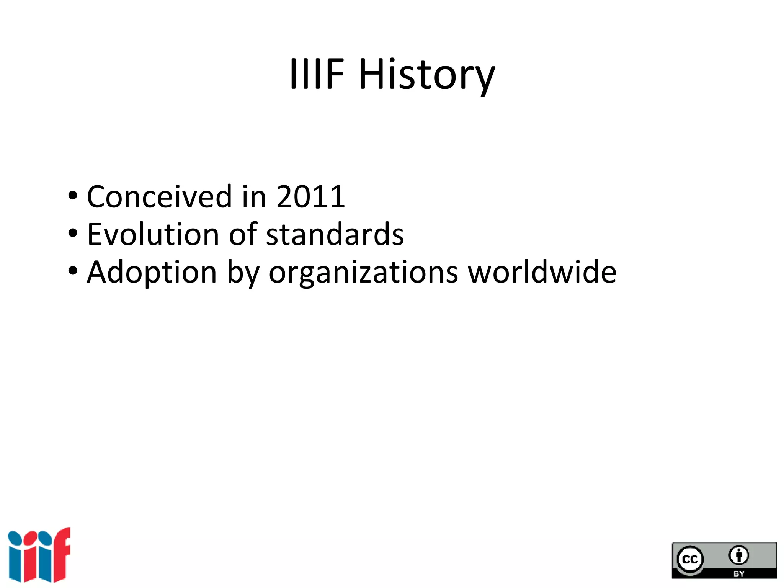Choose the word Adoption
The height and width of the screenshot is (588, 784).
point(152,273)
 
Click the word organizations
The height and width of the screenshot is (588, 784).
point(363,273)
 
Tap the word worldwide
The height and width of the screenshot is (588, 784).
point(542,272)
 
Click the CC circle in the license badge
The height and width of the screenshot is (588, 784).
point(690,560)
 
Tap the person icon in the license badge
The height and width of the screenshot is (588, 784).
point(738,555)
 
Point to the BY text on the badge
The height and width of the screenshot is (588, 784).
point(738,574)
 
